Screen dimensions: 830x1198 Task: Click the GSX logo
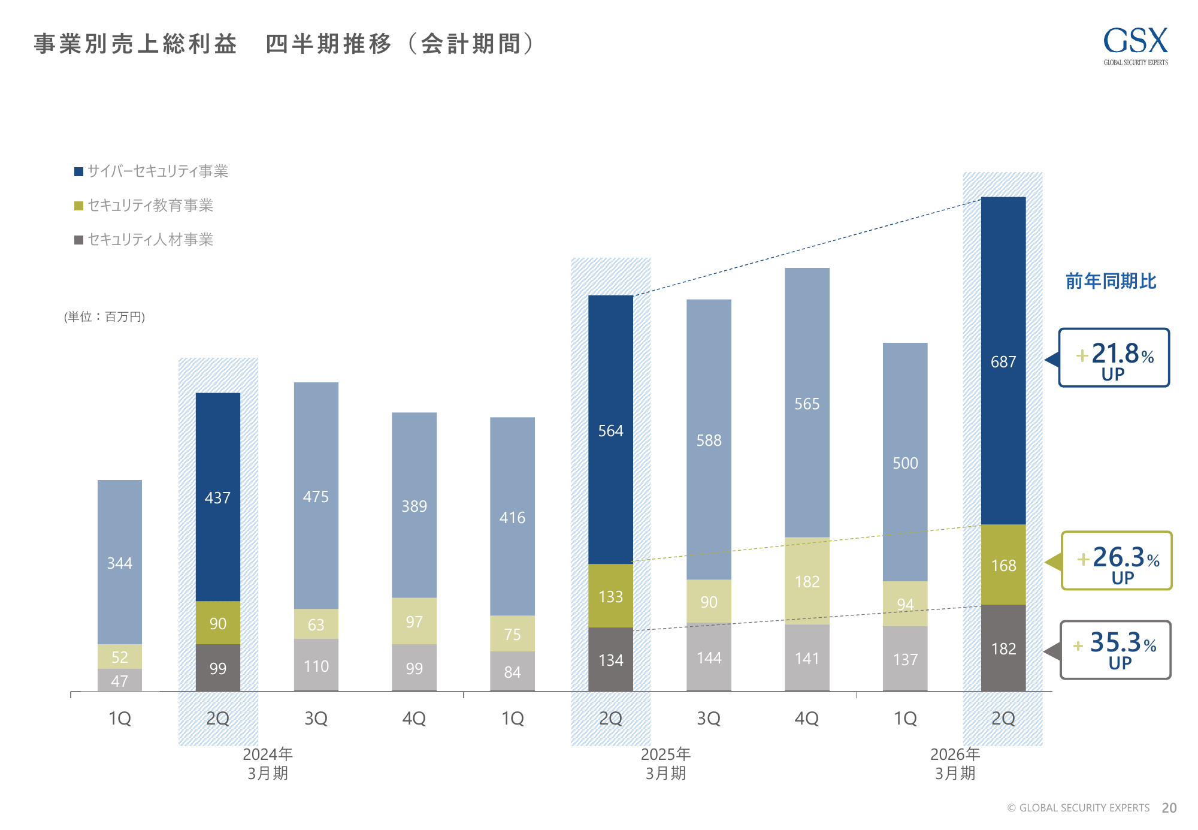click(x=1135, y=46)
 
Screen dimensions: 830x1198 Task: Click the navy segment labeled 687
click(x=1003, y=361)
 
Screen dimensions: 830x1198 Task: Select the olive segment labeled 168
click(x=1003, y=565)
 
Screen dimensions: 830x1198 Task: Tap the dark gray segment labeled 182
click(x=1003, y=648)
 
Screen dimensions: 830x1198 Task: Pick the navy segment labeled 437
click(x=217, y=497)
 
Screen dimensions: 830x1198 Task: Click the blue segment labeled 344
click(x=120, y=562)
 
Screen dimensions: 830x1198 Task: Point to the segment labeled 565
click(x=807, y=403)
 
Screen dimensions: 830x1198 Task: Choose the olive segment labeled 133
click(x=610, y=596)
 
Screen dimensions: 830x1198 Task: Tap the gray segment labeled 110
click(x=316, y=665)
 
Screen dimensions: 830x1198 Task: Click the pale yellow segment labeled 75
click(x=512, y=633)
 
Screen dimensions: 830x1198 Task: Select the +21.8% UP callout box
click(x=1114, y=358)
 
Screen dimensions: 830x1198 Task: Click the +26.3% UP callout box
click(x=1117, y=561)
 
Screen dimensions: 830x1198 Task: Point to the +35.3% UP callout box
click(x=1115, y=650)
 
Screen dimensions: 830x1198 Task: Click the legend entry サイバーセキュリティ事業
click(x=151, y=171)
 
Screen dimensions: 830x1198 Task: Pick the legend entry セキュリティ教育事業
click(x=144, y=206)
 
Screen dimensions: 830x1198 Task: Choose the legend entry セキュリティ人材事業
click(x=144, y=240)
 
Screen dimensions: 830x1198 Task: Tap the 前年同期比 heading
click(x=1111, y=281)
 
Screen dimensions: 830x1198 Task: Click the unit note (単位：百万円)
click(x=104, y=316)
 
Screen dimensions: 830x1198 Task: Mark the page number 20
click(x=1169, y=808)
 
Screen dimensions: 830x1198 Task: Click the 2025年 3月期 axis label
click(x=665, y=763)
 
